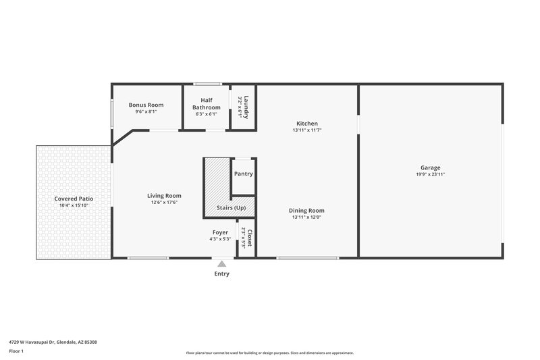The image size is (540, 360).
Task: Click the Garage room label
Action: [x=431, y=168]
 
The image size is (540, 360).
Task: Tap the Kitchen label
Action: [x=307, y=123]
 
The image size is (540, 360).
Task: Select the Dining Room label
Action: [x=307, y=211]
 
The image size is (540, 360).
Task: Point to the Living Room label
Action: [x=164, y=196]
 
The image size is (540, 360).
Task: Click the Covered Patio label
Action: [x=74, y=199]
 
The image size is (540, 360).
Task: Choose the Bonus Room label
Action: [x=146, y=105]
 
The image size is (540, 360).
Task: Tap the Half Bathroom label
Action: [x=206, y=104]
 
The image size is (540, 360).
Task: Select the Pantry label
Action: [x=243, y=174]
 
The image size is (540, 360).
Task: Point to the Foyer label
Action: [x=220, y=232]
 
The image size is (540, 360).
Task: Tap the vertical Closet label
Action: [x=249, y=238]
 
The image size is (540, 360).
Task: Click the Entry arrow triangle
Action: [x=221, y=263]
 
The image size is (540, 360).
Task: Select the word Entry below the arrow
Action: [x=221, y=274]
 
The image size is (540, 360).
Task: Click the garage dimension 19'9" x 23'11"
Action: [x=431, y=174]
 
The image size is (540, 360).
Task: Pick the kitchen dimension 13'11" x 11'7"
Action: [x=307, y=130]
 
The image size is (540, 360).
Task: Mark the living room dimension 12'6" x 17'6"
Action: [x=164, y=203]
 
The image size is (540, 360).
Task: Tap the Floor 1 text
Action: [x=17, y=351]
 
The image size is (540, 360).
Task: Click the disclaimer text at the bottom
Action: [x=270, y=353]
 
